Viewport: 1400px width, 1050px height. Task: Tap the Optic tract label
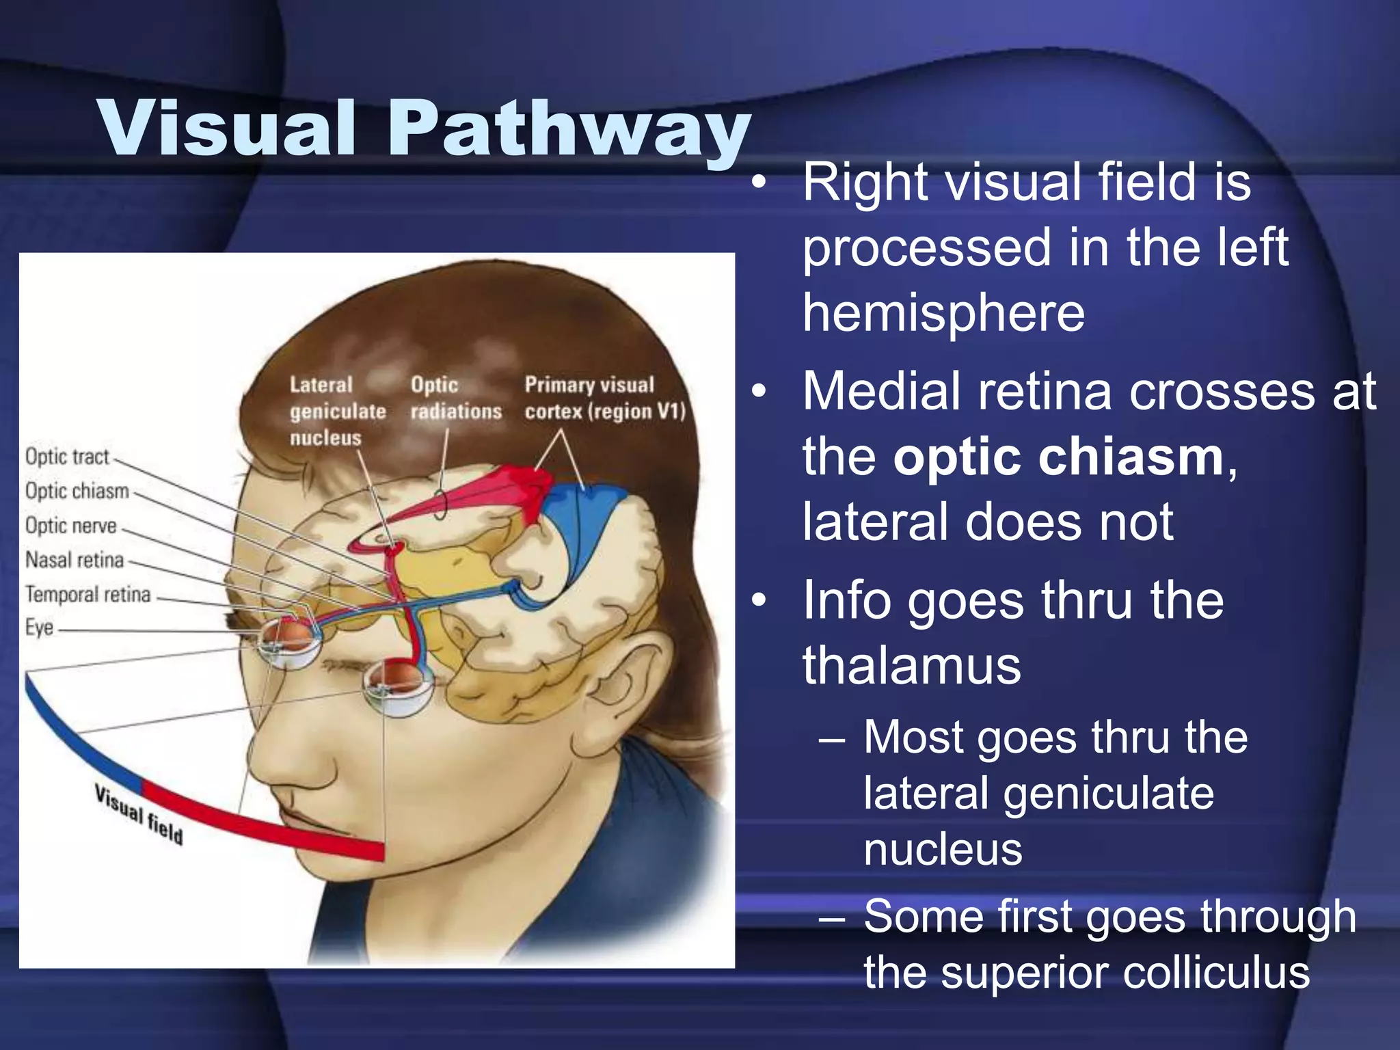tap(67, 457)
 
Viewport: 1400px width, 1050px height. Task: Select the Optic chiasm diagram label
tap(77, 491)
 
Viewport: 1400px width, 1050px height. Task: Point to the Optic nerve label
tap(71, 525)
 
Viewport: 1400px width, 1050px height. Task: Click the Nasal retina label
tap(75, 560)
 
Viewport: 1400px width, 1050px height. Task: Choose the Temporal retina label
tap(87, 594)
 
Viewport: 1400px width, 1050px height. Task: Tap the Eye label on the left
tap(39, 628)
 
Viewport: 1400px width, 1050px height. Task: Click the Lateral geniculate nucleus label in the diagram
tap(337, 411)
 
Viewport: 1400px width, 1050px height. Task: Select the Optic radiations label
tap(455, 398)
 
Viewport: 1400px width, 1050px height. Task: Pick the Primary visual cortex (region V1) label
tap(604, 398)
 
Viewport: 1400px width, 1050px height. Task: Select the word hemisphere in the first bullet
tap(943, 312)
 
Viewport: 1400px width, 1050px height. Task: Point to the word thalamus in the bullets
tap(911, 664)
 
